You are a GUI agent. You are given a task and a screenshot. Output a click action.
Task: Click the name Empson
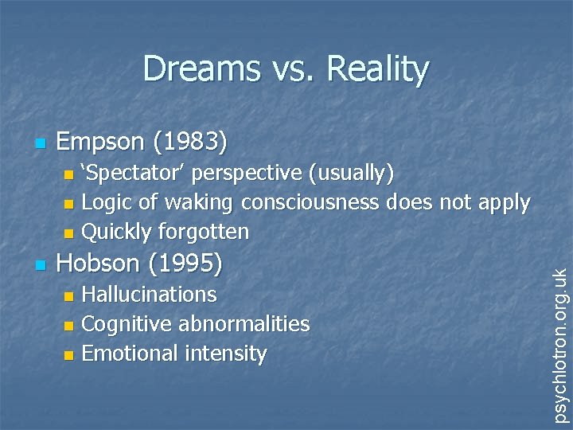click(103, 143)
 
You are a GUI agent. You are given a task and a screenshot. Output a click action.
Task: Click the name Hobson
click(101, 262)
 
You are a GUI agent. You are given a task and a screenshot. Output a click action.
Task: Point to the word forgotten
click(204, 232)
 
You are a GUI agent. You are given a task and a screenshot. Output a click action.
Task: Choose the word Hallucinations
click(149, 294)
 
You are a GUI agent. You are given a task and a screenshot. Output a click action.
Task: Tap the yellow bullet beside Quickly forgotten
click(69, 233)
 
